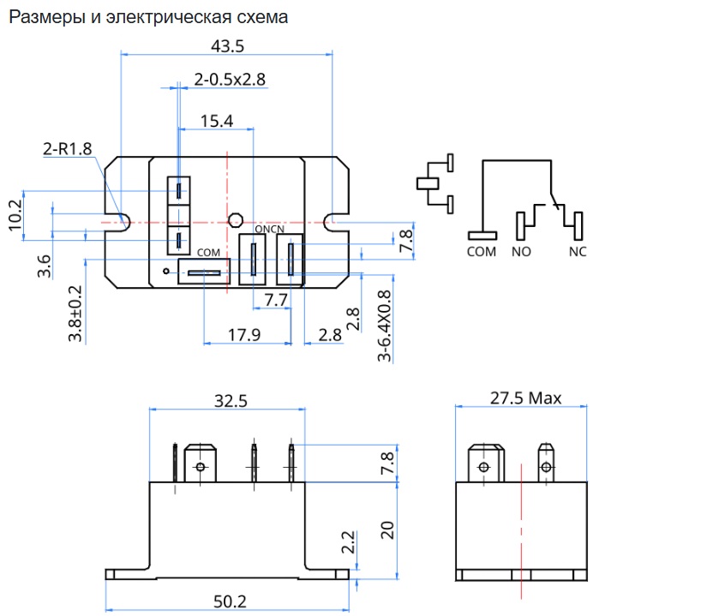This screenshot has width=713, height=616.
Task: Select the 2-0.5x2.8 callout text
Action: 230,80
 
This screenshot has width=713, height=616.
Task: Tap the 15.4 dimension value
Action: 217,121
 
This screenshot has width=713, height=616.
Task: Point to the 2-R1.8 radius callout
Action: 67,149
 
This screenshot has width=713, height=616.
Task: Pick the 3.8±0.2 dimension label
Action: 75,314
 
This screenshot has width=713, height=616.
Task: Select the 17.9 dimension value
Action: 244,335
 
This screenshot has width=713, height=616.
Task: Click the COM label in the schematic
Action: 482,252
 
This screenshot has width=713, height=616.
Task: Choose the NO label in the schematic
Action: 521,252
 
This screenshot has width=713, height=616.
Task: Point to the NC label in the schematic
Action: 578,252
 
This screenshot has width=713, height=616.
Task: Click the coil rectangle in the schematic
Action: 428,182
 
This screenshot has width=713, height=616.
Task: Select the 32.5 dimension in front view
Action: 226,400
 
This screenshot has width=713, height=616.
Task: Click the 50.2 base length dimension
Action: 226,603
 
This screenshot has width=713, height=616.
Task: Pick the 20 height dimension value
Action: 387,529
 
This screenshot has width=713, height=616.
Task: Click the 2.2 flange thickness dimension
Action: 347,542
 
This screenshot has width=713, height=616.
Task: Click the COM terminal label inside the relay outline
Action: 208,253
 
